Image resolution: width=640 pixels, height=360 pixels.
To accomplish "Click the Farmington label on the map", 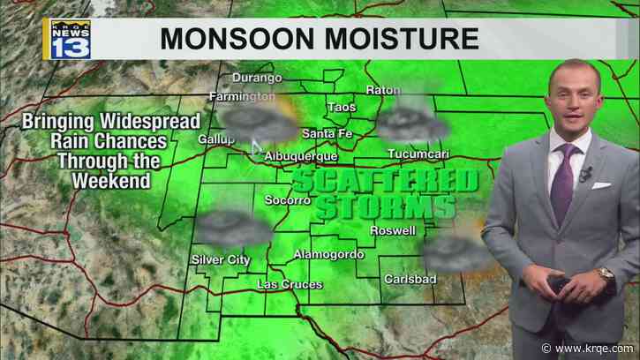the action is [x=242, y=95].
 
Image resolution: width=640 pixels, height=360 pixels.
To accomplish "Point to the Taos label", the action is [x=341, y=107].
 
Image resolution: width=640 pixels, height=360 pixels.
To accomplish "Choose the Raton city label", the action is [x=383, y=90].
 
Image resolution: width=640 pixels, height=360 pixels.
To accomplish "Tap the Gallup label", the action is [x=215, y=139].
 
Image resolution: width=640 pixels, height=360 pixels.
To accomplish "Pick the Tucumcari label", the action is [x=418, y=154].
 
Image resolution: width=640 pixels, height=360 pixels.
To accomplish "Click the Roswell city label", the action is [x=393, y=230].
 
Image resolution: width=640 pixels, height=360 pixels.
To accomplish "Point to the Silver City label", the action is [x=221, y=259].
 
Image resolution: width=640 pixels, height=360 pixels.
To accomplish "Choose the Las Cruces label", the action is [x=290, y=285].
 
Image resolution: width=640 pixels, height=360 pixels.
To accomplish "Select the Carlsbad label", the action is [x=409, y=279].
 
